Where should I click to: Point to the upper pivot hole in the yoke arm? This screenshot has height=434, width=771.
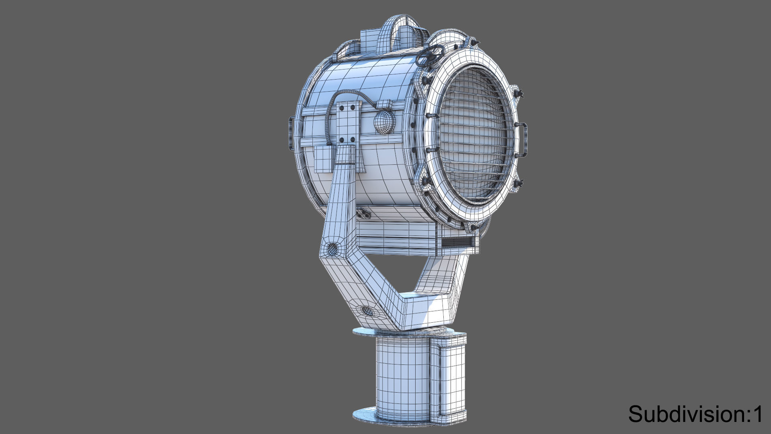coord(333,250)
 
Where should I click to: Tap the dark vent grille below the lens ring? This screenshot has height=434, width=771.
coord(457,242)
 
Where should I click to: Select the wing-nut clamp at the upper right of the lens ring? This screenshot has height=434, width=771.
coord(518,93)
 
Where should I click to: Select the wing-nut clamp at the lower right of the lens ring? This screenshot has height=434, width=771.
coord(518,184)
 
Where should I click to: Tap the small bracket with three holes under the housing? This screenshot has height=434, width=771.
coord(364,212)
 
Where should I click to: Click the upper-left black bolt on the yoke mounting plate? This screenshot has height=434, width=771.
coord(342,107)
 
